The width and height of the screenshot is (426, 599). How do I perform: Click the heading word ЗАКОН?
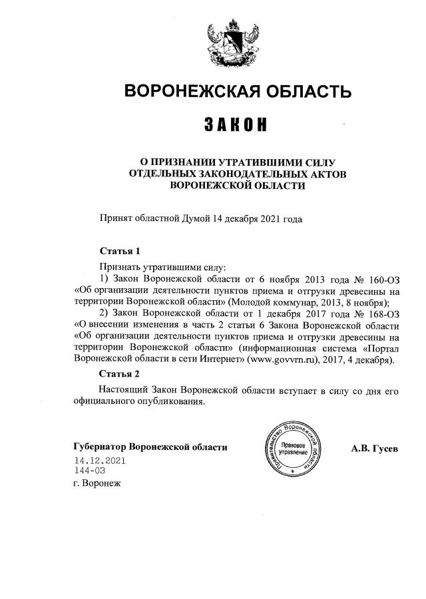click(230, 124)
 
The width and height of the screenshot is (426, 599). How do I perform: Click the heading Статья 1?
click(120, 252)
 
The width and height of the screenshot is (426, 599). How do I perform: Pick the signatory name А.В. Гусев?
click(375, 448)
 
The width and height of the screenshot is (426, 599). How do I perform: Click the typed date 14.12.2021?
click(100, 461)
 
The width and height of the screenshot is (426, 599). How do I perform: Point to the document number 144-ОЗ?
click(90, 471)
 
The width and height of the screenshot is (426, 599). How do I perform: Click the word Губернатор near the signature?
click(100, 447)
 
